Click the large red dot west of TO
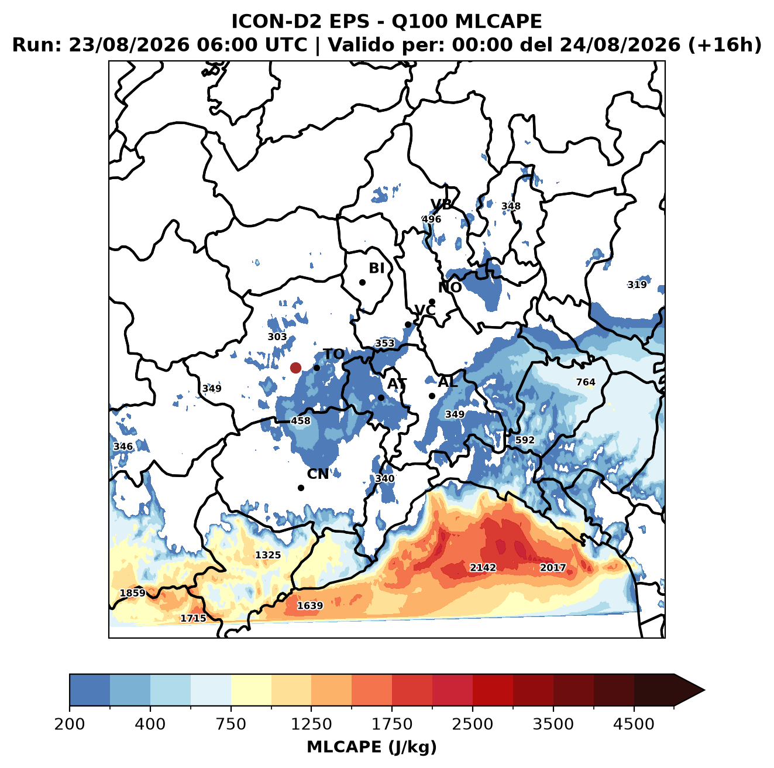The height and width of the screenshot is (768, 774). tap(295, 368)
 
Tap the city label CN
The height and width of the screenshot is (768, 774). tap(318, 474)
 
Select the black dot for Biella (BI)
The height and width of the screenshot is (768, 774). tap(362, 283)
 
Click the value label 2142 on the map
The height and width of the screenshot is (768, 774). tap(483, 567)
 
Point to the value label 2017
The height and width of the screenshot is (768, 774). tap(553, 567)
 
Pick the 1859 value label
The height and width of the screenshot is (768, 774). tap(133, 593)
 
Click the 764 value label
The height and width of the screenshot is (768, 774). tap(586, 382)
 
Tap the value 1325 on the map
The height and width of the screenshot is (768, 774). tap(268, 555)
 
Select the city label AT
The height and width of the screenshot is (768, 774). tap(397, 384)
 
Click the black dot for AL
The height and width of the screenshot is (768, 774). tap(432, 396)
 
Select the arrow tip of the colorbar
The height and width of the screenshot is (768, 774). tap(704, 690)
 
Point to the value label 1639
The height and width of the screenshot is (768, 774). tap(309, 605)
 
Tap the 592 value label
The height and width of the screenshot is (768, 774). tap(525, 440)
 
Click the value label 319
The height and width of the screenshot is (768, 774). tap(637, 284)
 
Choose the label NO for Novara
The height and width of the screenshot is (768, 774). tap(449, 287)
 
